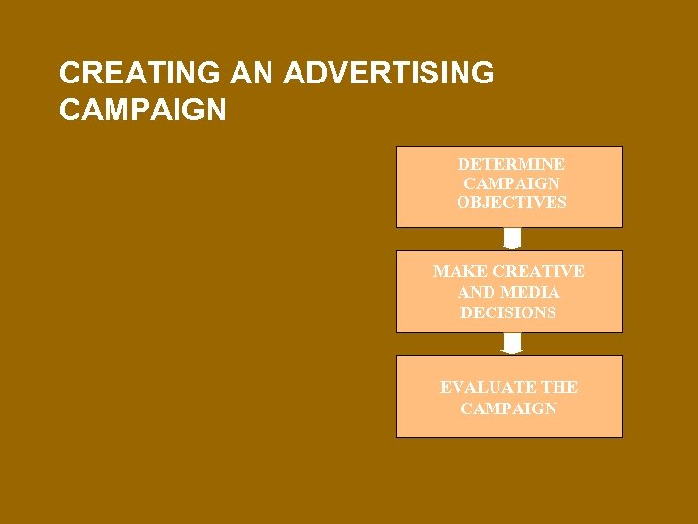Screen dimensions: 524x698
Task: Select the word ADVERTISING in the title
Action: [x=390, y=74]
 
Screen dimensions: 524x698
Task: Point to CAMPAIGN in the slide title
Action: [x=143, y=110]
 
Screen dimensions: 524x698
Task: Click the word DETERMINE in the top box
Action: [x=511, y=164]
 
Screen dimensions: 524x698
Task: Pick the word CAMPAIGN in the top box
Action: [x=511, y=183]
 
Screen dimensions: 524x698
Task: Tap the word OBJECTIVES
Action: [x=511, y=203]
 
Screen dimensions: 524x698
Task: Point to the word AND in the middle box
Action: [x=475, y=292]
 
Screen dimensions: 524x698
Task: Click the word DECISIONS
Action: [x=509, y=312]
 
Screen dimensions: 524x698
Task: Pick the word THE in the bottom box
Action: [x=560, y=387]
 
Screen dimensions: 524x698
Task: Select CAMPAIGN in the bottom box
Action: [x=509, y=409]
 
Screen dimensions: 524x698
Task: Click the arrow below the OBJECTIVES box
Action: [x=512, y=239]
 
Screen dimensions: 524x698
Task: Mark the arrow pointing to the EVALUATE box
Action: [x=512, y=344]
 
